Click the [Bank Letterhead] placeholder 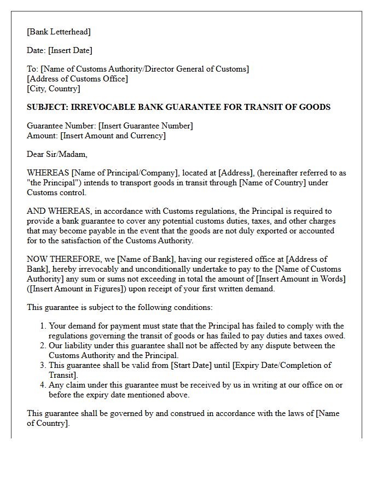[59, 32]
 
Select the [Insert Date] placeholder [70, 50]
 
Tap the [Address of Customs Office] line [77, 79]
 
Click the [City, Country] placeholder [54, 89]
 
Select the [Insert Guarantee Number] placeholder [146, 126]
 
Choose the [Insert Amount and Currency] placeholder [113, 136]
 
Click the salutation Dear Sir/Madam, [57, 154]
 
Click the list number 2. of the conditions [43, 345]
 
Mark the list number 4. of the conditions [43, 385]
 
